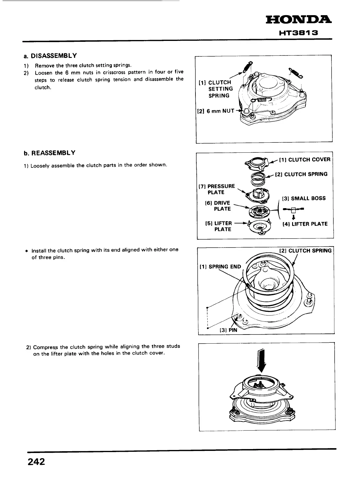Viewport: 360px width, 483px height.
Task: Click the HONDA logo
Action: [298, 20]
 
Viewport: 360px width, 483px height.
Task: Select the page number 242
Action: [36, 462]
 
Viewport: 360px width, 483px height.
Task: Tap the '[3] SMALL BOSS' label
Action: [304, 198]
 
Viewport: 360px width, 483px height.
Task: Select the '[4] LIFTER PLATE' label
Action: [305, 224]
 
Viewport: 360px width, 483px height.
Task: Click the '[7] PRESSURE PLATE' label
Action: [217, 189]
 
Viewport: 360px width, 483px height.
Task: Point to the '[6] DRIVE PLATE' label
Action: [218, 206]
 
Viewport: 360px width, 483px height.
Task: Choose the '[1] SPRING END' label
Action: [220, 267]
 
